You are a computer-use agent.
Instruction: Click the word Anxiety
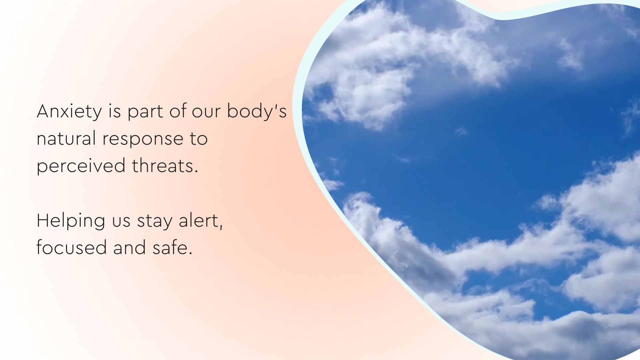[69, 111]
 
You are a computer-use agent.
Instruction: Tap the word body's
[257, 111]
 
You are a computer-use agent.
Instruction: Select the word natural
[66, 139]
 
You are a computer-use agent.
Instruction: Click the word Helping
[71, 221]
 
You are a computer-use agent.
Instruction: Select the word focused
[71, 248]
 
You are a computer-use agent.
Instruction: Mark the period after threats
[196, 171]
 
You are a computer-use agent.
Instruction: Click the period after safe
[191, 253]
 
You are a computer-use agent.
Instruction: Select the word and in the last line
[129, 248]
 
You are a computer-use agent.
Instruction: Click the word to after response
[199, 139]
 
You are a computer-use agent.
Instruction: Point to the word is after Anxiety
[114, 111]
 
